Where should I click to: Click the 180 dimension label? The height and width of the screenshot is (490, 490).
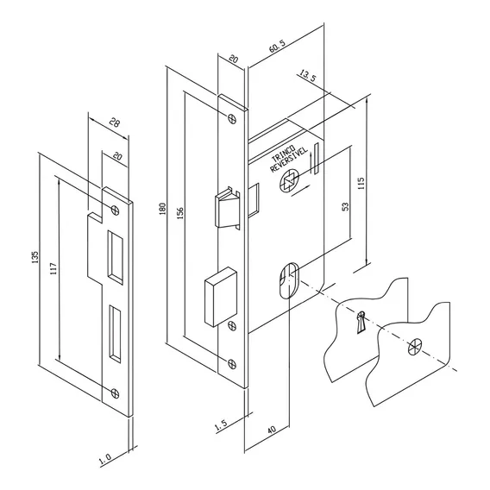(162, 209)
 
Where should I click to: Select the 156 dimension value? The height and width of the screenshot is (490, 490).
(180, 213)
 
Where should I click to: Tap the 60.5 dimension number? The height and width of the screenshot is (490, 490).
(277, 46)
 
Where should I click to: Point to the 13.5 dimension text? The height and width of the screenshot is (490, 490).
(308, 76)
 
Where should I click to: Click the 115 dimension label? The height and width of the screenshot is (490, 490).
(361, 184)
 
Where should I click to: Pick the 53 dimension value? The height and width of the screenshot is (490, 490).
(345, 206)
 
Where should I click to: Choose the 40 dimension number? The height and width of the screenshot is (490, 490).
(272, 430)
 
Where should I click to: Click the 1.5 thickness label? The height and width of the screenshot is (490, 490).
(221, 426)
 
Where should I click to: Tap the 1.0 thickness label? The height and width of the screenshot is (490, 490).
(105, 458)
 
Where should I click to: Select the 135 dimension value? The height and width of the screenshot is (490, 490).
(35, 257)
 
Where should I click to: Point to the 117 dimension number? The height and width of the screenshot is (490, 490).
(53, 269)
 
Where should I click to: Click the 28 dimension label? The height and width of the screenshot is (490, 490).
(115, 122)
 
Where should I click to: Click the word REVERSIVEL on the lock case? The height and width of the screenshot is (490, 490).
(289, 159)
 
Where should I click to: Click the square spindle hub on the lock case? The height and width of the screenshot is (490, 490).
(289, 180)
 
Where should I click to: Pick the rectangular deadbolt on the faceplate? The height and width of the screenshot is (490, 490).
(220, 297)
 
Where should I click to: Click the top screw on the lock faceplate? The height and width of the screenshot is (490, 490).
(231, 118)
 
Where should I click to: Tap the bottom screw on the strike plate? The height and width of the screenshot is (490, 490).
(115, 393)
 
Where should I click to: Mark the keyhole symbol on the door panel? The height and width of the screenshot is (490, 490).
(361, 322)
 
